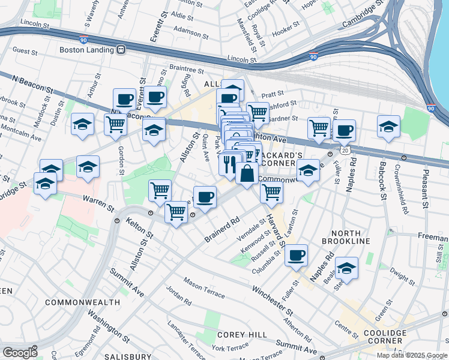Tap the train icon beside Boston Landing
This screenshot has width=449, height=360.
[x=121, y=50]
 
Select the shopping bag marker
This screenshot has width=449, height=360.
[x=247, y=175]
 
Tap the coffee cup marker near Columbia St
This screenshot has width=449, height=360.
[x=296, y=255]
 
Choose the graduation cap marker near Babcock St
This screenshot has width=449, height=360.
[x=388, y=127]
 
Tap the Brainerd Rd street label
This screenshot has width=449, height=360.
[x=221, y=229]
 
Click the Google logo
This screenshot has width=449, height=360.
[x=19, y=353]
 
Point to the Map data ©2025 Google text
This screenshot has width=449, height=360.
[x=411, y=355]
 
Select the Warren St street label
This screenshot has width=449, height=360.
[x=98, y=203]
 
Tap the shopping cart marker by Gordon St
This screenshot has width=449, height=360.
[x=115, y=124]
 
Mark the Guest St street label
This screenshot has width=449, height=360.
[x=25, y=51]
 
